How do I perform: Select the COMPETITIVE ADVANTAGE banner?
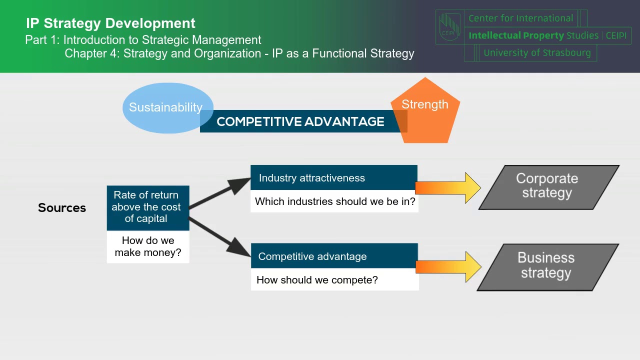pyautogui.click(x=300, y=121)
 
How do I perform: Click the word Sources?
pyautogui.click(x=62, y=208)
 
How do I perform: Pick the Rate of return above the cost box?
pyautogui.click(x=147, y=207)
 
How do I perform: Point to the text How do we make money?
pyautogui.click(x=148, y=246)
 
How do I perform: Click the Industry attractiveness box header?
pyautogui.click(x=333, y=178)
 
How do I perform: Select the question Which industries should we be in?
pyautogui.click(x=334, y=201)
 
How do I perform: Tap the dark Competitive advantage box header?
pyautogui.click(x=333, y=256)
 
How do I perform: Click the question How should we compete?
pyautogui.click(x=317, y=280)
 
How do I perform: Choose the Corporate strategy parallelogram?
pyautogui.click(x=548, y=186)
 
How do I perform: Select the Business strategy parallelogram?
pyautogui.click(x=547, y=266)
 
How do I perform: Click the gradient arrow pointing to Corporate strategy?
pyautogui.click(x=447, y=188)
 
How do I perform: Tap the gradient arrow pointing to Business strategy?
pyautogui.click(x=447, y=267)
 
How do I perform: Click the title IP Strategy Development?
pyautogui.click(x=110, y=23)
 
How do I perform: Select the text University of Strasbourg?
pyautogui.click(x=537, y=52)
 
